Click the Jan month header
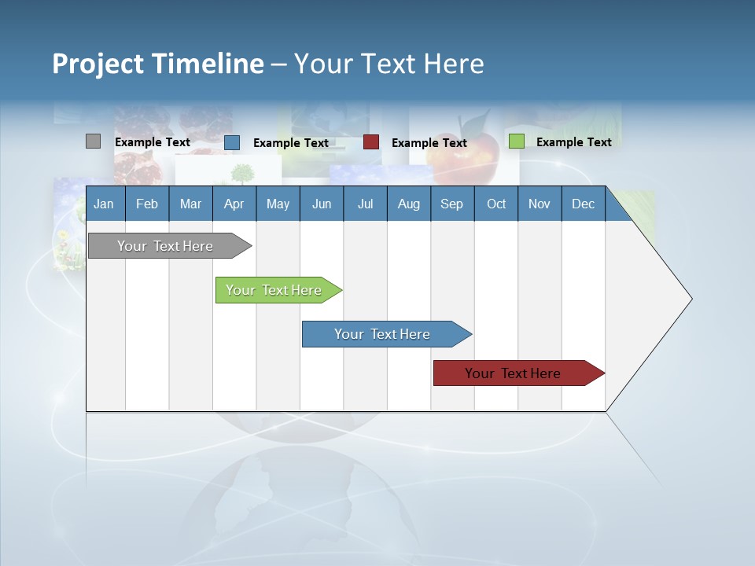tap(104, 204)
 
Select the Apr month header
tap(234, 204)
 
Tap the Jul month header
tap(365, 204)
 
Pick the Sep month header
tap(451, 204)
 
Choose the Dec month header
tap(583, 204)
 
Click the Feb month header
tap(147, 204)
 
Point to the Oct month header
tap(496, 204)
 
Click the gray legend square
tap(93, 141)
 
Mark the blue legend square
tap(231, 142)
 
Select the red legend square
tap(370, 142)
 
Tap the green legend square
tap(516, 141)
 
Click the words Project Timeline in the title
tap(157, 64)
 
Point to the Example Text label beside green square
tap(573, 142)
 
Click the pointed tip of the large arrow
tap(689, 299)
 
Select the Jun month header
tap(322, 204)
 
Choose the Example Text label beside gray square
tap(152, 142)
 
